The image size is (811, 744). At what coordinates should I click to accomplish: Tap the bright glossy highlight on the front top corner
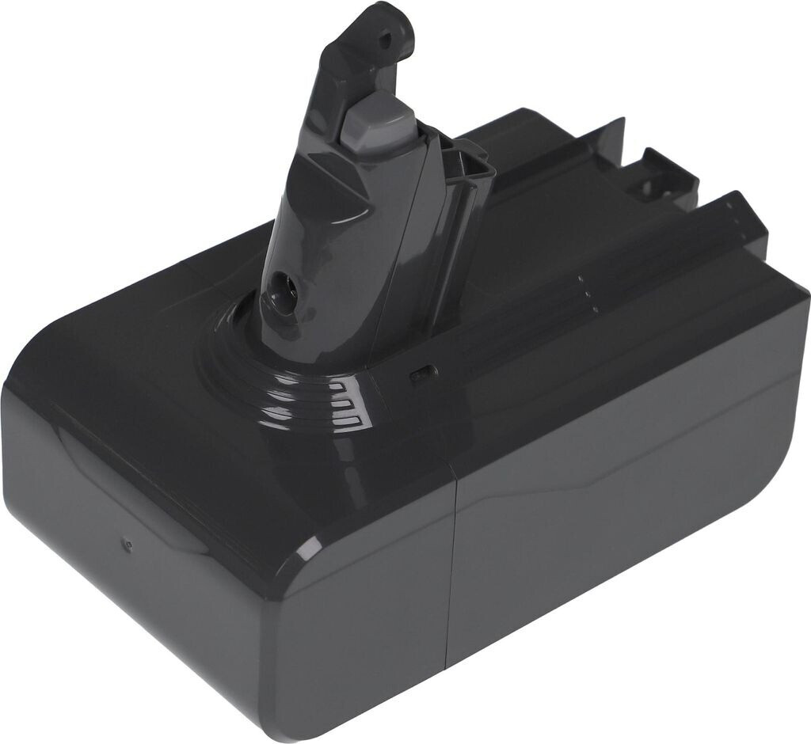(x=311, y=547)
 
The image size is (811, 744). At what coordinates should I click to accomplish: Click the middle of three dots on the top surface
(x=584, y=290)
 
